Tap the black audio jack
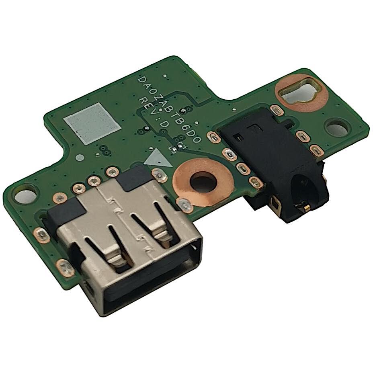(x=274, y=162)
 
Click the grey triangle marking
(x=157, y=158)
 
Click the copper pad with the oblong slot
(x=301, y=92)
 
